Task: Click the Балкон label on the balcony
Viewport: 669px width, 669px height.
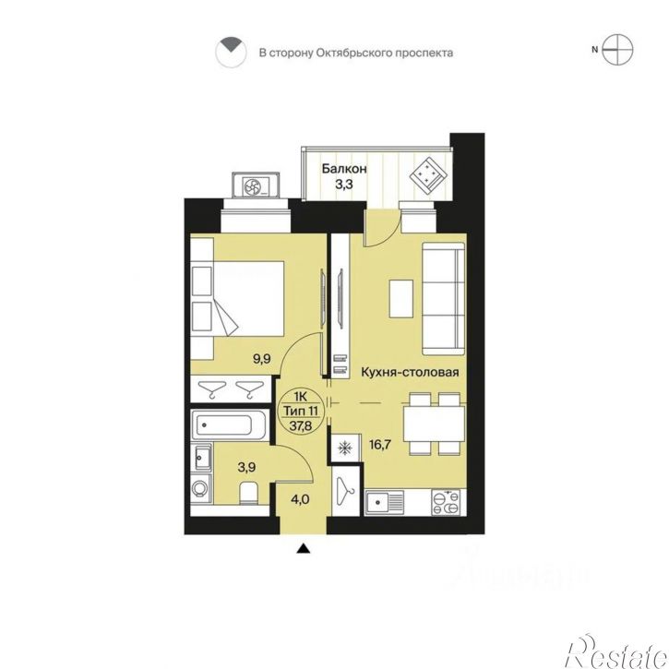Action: coord(344,169)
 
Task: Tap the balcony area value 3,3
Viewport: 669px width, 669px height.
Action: coord(344,185)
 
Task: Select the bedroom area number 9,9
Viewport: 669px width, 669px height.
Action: coord(261,359)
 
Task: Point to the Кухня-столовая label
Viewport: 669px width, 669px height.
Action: coord(410,373)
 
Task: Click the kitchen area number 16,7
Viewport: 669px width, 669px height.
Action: coord(380,445)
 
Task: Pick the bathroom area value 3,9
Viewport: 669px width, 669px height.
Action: coord(246,467)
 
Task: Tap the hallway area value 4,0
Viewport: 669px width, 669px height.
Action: coord(300,499)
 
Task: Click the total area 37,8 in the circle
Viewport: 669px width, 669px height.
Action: coord(301,425)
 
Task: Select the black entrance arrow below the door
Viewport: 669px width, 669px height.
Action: coord(303,548)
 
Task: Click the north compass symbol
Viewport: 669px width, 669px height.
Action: coord(617,50)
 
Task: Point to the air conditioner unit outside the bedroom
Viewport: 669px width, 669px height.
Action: coord(256,185)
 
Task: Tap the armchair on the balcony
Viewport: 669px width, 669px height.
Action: coord(428,175)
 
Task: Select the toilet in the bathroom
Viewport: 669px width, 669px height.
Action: coord(248,494)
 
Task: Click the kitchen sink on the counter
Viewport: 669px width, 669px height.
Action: coord(384,502)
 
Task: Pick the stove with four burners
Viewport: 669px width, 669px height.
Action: coord(447,502)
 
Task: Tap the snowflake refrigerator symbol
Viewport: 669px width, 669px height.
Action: coord(344,448)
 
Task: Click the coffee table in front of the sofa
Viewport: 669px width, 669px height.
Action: coord(401,299)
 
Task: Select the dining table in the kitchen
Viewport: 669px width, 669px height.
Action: coord(435,424)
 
